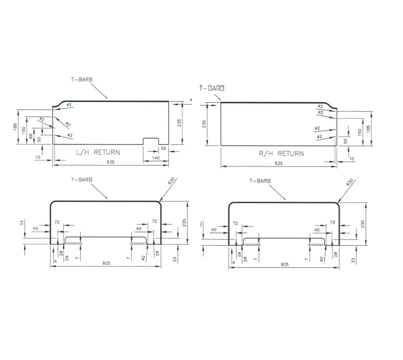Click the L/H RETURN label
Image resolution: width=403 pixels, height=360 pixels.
tap(98, 152)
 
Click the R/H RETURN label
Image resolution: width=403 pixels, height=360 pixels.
tap(281, 154)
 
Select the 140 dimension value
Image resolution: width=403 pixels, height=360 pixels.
tap(155, 158)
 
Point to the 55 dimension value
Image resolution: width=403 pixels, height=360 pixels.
tap(164, 149)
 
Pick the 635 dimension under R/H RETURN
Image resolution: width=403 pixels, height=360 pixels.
tap(278, 164)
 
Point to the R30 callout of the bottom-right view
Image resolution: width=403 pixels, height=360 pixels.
tap(350, 182)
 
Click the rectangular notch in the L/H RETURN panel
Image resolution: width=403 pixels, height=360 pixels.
tap(152, 141)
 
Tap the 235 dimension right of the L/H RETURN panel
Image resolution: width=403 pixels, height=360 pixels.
tap(179, 123)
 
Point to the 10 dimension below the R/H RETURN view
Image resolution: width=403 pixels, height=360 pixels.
tap(351, 158)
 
